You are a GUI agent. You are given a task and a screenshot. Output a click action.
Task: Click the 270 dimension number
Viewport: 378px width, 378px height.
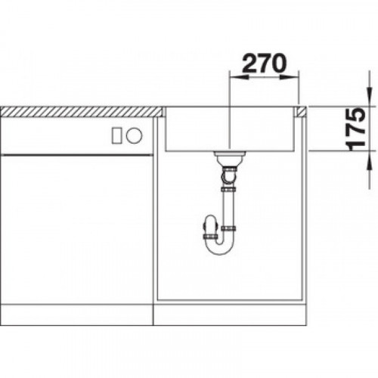tap(265, 63)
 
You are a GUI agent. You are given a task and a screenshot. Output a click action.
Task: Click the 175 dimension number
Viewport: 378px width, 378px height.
tap(355, 129)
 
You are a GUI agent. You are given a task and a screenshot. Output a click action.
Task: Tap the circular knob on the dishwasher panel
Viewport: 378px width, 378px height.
tap(135, 135)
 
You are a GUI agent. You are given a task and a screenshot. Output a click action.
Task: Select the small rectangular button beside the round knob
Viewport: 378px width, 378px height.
tap(117, 135)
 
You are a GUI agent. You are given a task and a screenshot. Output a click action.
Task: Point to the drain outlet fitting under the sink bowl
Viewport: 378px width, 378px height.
tap(229, 157)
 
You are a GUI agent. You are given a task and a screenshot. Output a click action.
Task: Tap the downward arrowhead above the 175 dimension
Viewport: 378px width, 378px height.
tap(369, 97)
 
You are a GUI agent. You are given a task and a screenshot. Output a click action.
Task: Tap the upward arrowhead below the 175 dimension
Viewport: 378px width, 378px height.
tap(369, 161)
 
